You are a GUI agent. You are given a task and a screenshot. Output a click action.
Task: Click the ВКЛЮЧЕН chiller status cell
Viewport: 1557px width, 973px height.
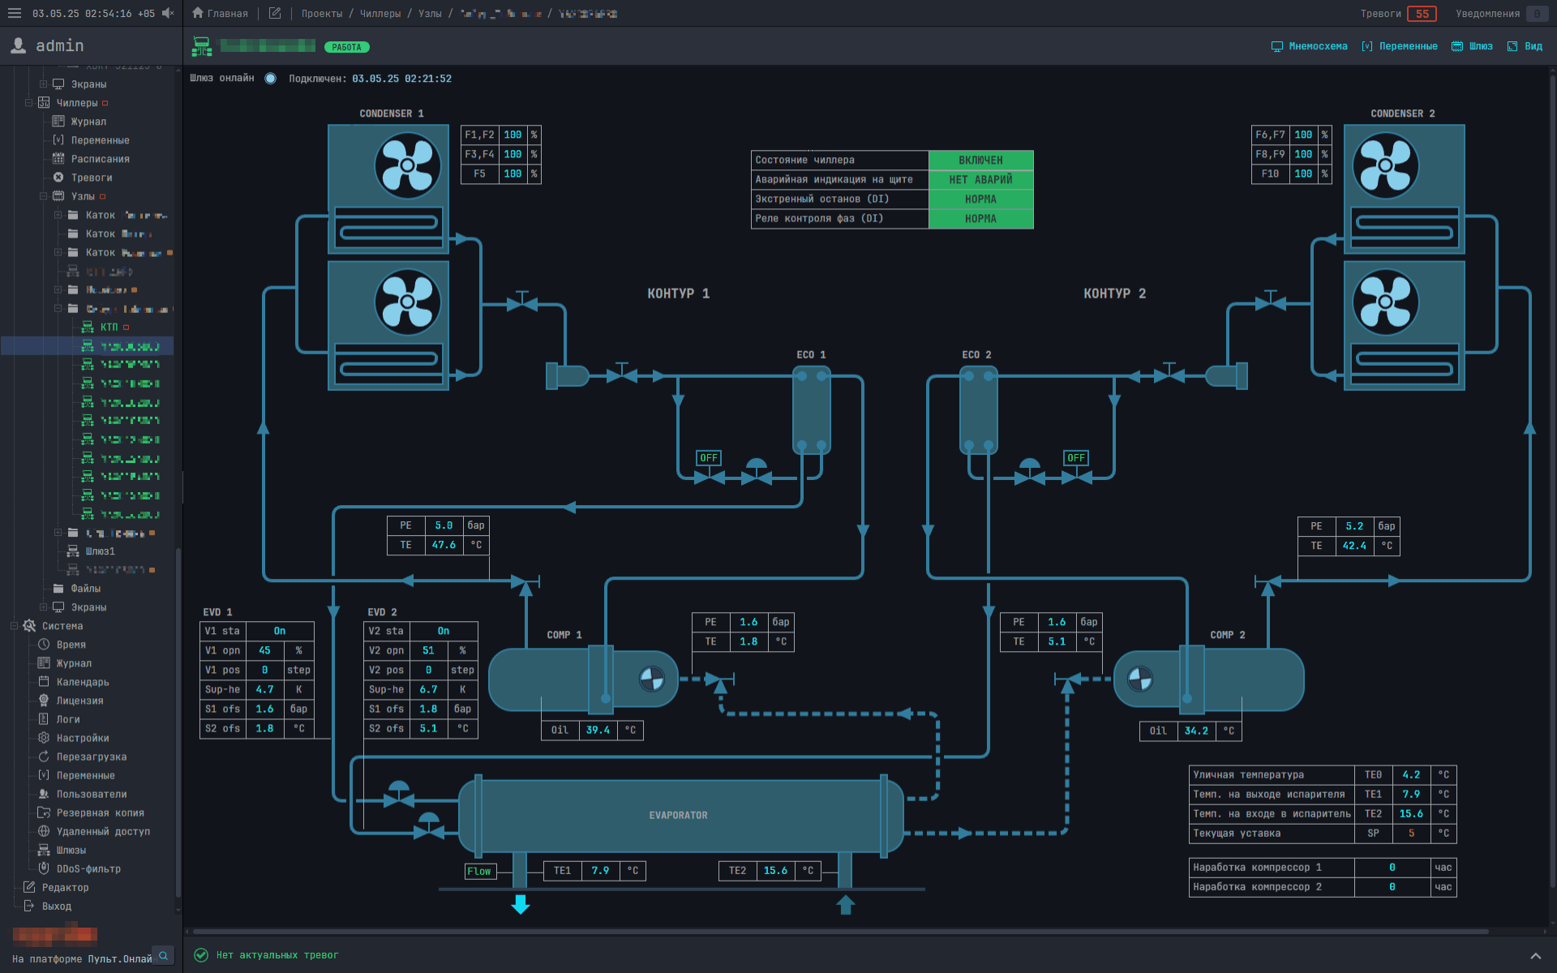980,161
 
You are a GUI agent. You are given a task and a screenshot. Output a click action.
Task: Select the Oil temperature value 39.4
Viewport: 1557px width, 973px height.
598,730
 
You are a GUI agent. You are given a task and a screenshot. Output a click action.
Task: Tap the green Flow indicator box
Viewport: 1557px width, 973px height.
479,871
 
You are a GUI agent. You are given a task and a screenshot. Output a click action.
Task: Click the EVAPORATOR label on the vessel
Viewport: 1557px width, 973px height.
678,815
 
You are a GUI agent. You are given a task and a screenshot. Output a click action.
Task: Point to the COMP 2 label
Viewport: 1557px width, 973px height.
1227,635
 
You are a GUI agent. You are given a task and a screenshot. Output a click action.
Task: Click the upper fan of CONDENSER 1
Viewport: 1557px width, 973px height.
407,166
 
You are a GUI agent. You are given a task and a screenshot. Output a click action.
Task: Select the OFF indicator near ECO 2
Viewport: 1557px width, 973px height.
1075,458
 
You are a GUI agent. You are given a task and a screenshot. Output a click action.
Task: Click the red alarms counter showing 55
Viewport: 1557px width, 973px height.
1422,14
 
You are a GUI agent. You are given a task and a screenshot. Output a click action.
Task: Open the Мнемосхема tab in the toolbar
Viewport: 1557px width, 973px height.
1310,46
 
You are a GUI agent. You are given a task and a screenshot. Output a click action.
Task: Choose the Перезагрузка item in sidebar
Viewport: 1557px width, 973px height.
91,757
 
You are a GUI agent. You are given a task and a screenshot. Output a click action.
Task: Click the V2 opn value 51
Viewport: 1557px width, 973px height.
428,650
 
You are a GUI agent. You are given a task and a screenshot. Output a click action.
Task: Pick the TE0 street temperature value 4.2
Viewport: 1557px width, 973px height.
1411,774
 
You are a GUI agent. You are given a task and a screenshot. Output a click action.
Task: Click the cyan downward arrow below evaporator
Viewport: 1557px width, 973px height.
521,904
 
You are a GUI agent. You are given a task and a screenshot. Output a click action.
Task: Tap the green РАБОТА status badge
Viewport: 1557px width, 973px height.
346,47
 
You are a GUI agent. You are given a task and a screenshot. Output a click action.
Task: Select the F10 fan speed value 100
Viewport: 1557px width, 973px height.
1302,174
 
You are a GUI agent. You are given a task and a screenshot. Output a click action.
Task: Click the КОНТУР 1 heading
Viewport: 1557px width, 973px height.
678,294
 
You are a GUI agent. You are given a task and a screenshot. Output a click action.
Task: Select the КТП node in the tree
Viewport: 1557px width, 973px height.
109,327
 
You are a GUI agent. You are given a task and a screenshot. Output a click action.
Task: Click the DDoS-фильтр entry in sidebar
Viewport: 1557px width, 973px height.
88,868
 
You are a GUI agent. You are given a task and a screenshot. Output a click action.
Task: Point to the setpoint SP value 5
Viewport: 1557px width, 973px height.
1411,833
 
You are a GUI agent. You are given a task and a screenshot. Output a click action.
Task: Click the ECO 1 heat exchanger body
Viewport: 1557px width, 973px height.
811,409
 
